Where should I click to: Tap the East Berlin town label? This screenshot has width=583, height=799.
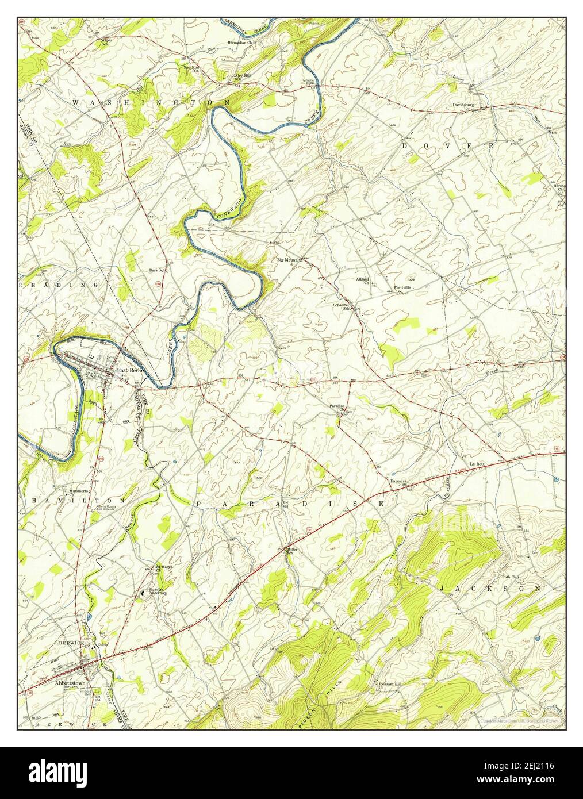click(x=131, y=371)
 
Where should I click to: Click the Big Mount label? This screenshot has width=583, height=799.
click(x=287, y=260)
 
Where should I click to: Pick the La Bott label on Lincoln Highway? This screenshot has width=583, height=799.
click(x=479, y=463)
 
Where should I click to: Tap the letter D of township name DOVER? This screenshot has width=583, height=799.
click(x=405, y=146)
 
